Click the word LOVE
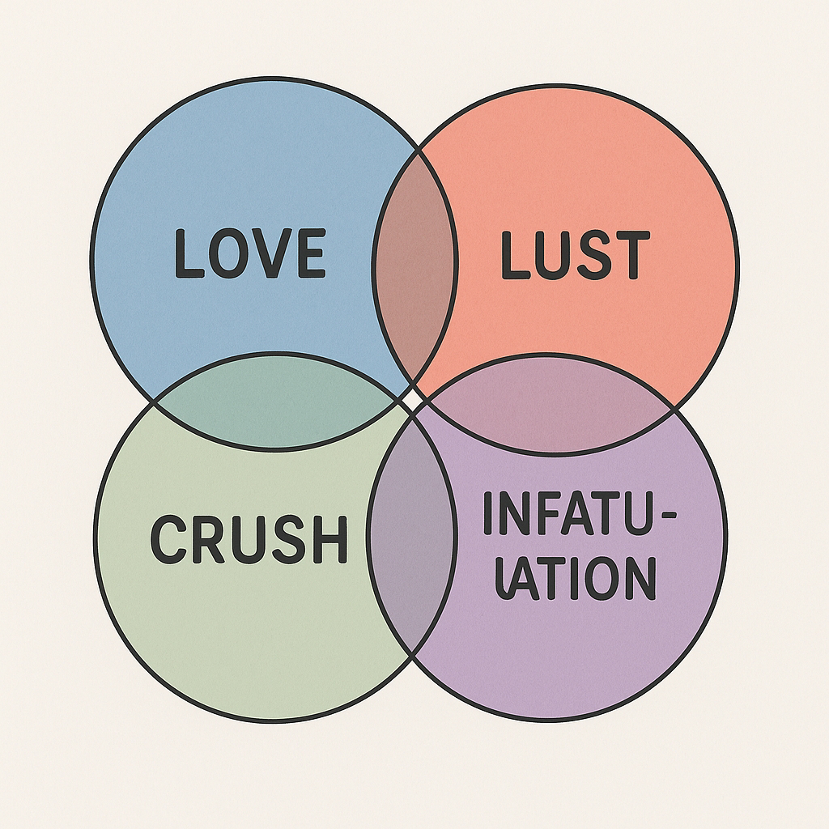tap(249, 253)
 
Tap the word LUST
tap(575, 256)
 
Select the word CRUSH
tap(249, 539)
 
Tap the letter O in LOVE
tap(227, 253)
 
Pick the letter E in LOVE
tap(308, 253)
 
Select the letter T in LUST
tap(631, 256)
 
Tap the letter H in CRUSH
tap(329, 540)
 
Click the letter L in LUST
tap(513, 256)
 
